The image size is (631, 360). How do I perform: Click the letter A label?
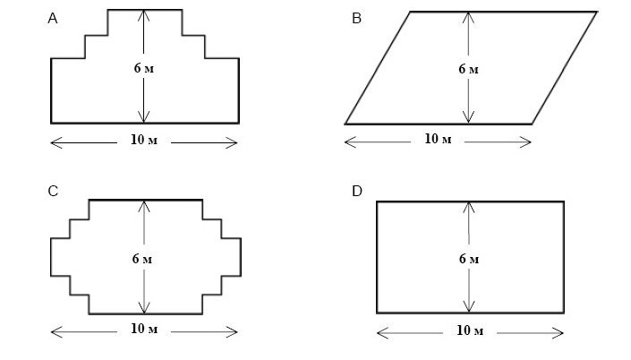point(55,18)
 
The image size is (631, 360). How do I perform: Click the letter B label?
point(357,18)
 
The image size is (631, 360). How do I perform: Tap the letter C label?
point(55,191)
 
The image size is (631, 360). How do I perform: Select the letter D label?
point(358,191)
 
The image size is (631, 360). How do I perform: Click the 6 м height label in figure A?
point(143,70)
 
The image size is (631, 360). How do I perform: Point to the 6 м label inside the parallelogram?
point(468,70)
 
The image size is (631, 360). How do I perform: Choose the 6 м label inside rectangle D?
point(468,260)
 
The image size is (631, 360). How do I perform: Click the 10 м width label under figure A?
point(142,141)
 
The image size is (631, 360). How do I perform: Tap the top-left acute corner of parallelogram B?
point(410,12)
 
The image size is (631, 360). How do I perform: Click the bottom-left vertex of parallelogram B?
point(345,123)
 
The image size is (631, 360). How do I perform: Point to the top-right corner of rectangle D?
point(564,201)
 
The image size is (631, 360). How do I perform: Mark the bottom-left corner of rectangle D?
point(377,313)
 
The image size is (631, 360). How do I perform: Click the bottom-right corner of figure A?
point(239,122)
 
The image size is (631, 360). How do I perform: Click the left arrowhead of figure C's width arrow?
point(53,331)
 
